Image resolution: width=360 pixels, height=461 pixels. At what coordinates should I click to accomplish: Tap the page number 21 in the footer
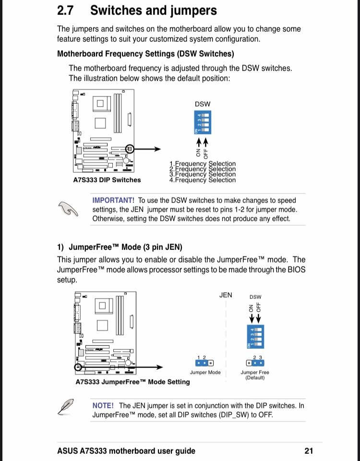tap(309, 450)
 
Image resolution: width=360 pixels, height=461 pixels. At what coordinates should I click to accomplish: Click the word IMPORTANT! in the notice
tap(113, 201)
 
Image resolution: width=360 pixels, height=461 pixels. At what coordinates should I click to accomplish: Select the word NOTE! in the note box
tap(103, 405)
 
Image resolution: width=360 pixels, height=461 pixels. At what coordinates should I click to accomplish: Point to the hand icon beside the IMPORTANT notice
tap(68, 209)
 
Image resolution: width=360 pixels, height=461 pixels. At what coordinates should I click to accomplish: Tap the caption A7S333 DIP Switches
tap(107, 180)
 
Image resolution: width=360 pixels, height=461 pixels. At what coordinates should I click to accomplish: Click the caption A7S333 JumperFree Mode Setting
tap(132, 382)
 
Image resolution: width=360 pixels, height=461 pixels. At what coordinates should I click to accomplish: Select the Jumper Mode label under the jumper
tap(205, 372)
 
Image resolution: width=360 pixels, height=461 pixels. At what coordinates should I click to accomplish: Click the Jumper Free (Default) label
tap(255, 375)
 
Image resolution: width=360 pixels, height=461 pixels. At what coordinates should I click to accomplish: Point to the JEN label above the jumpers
tap(226, 295)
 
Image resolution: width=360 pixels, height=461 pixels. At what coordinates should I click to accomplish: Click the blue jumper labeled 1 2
tap(205, 364)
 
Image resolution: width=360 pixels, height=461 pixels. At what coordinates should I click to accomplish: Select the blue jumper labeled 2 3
tap(255, 364)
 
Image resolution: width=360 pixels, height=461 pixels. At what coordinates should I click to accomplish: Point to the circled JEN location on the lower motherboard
tap(79, 367)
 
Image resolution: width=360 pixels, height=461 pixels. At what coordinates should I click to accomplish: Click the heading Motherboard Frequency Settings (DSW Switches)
tap(145, 53)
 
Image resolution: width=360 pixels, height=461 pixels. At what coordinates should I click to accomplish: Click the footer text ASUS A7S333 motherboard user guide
tap(126, 450)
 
